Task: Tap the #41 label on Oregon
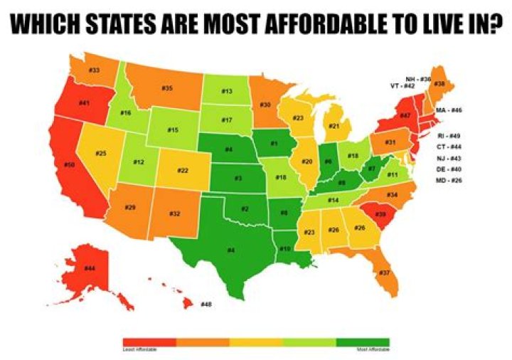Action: tap(83, 103)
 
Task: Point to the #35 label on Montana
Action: tap(167, 88)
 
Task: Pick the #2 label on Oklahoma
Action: tap(245, 208)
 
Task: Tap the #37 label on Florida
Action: tap(384, 272)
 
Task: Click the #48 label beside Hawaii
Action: tap(206, 305)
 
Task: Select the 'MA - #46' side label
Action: tap(449, 110)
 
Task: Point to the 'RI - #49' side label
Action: tap(450, 135)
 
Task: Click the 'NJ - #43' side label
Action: tap(450, 158)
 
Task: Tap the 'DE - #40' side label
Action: tap(450, 170)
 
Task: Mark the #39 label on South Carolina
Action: tap(381, 214)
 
